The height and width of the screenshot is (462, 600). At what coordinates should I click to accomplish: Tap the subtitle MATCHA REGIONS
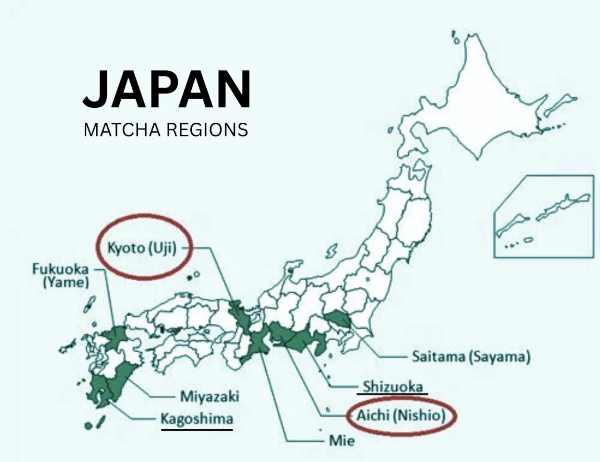point(165,130)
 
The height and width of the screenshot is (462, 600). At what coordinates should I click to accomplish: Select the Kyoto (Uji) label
point(142,248)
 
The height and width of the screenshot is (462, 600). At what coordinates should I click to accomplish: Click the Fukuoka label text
point(60,269)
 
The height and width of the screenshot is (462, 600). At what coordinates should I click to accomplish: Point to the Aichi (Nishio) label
point(401,415)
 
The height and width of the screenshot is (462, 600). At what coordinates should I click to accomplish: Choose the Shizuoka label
point(393,387)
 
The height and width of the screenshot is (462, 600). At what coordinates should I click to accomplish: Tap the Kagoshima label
point(196,418)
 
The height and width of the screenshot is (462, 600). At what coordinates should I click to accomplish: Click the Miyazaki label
point(210,396)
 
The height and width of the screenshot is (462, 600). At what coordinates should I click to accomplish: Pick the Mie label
point(342,440)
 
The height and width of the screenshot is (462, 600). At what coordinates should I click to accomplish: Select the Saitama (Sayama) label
point(471,357)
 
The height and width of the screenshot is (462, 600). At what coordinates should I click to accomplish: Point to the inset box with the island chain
point(543,216)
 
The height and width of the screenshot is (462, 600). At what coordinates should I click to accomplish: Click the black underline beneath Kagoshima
point(196,428)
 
